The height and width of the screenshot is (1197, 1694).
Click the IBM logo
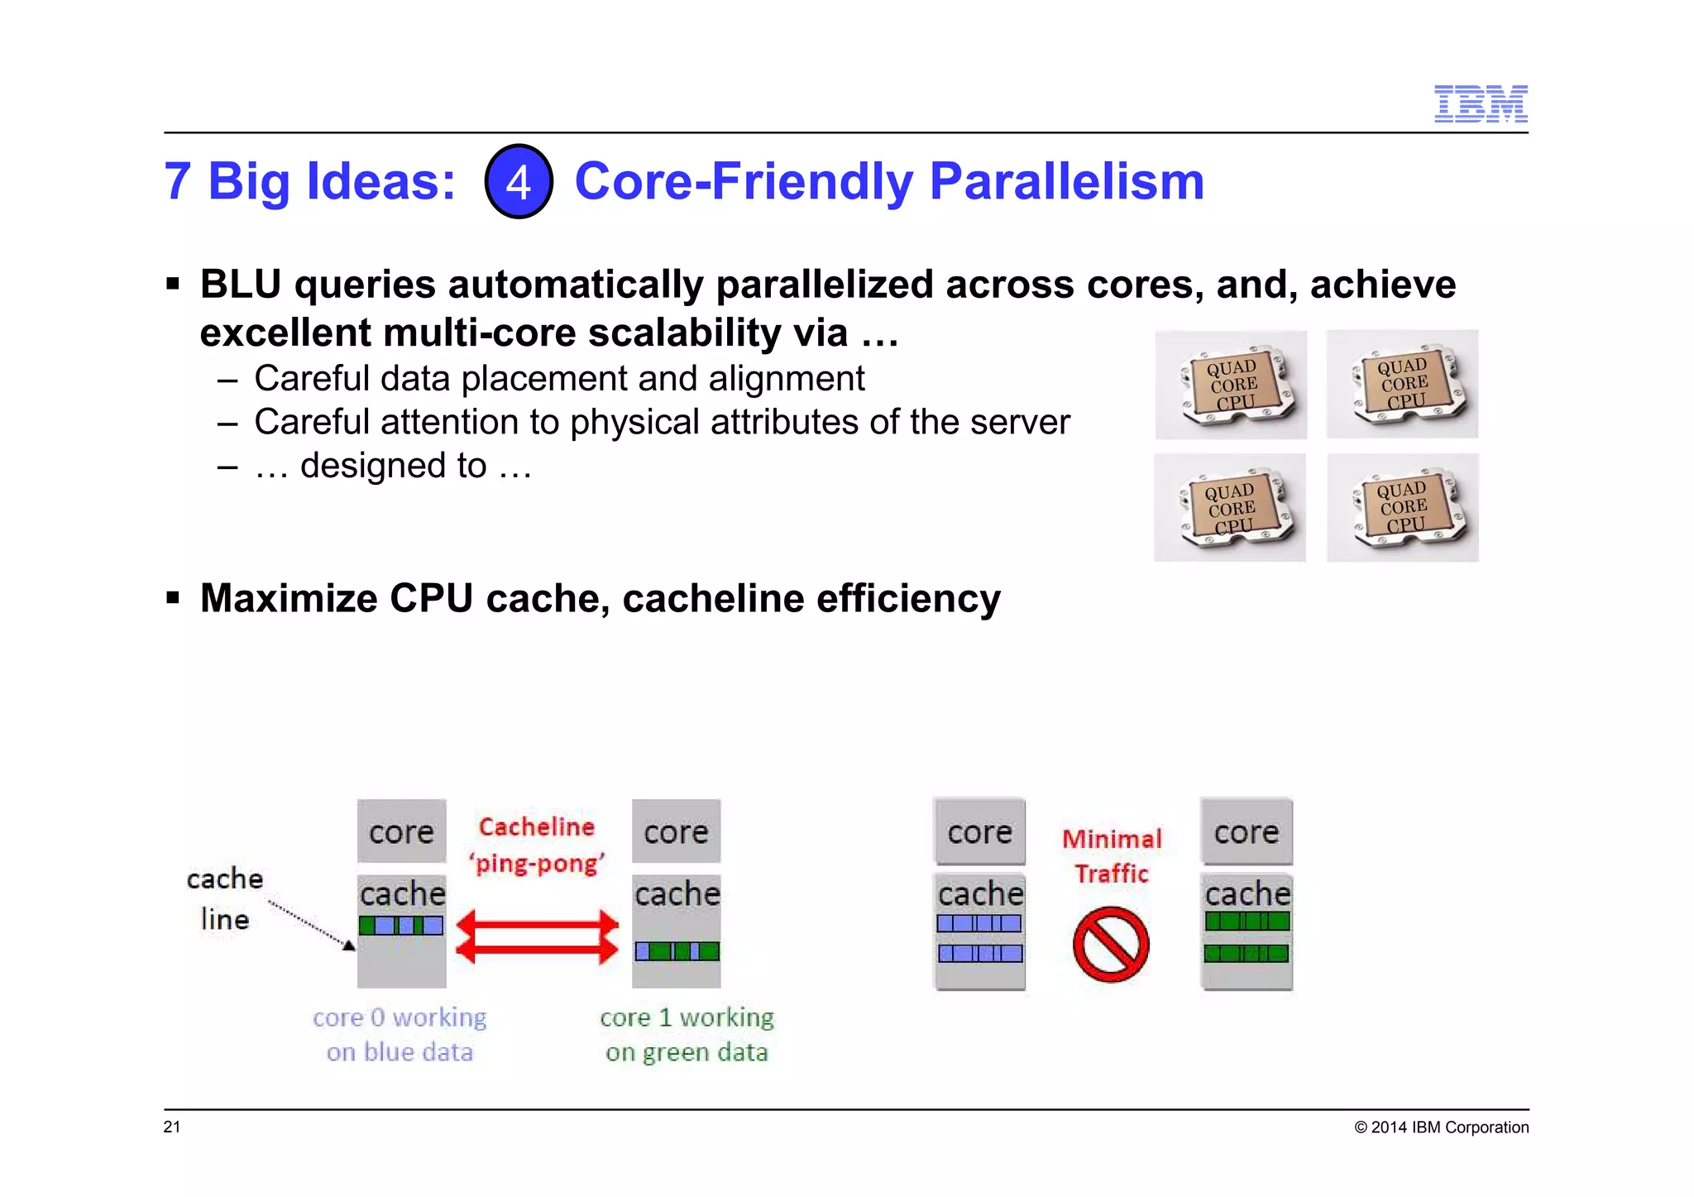[x=1480, y=103]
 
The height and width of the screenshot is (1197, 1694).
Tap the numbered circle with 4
[x=519, y=181]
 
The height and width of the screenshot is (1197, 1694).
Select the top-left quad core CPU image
[x=1231, y=384]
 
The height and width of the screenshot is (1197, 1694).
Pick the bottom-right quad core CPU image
[x=1402, y=507]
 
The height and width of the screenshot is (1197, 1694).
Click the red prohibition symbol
[x=1111, y=945]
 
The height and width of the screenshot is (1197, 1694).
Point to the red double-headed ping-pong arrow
[x=537, y=936]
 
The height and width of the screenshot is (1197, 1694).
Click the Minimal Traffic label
[x=1112, y=855]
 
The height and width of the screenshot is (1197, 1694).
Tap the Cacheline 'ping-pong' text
[x=537, y=845]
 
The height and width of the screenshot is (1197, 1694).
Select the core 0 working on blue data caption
[x=400, y=1034]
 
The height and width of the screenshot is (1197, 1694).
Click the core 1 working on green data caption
[x=687, y=1034]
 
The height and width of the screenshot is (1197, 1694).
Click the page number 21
[x=172, y=1127]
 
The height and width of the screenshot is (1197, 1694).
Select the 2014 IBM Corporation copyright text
[x=1441, y=1128]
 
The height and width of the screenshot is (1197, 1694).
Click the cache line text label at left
[x=224, y=898]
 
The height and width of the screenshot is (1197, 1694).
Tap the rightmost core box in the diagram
[x=1246, y=831]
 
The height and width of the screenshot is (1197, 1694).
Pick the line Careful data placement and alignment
[x=559, y=379]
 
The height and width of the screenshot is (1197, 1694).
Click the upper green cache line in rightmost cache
[x=1247, y=921]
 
